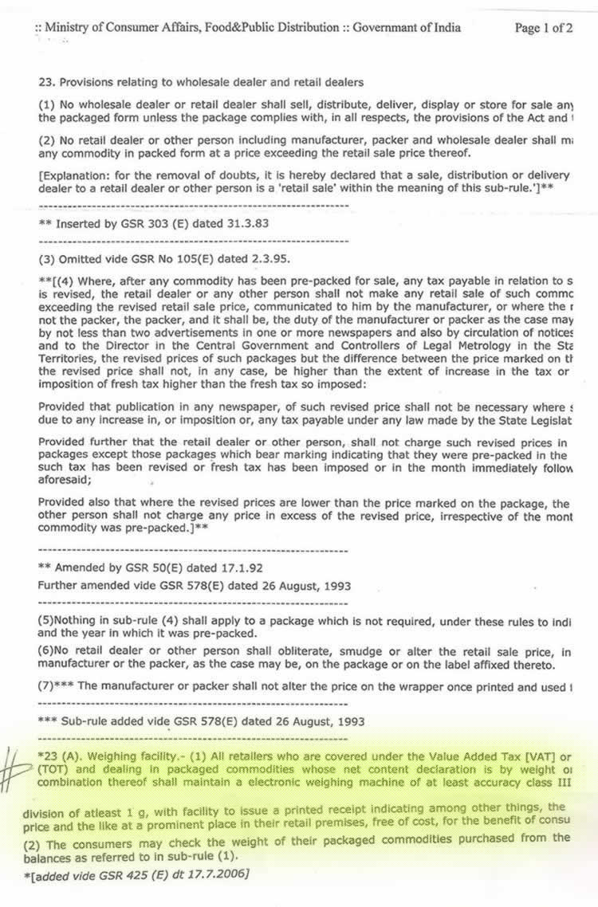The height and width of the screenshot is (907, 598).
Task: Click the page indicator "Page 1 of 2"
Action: pos(544,28)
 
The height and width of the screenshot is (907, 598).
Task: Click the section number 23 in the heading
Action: pos(45,82)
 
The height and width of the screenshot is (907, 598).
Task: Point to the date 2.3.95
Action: pos(268,259)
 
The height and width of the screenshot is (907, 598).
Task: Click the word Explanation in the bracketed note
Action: pos(73,175)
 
